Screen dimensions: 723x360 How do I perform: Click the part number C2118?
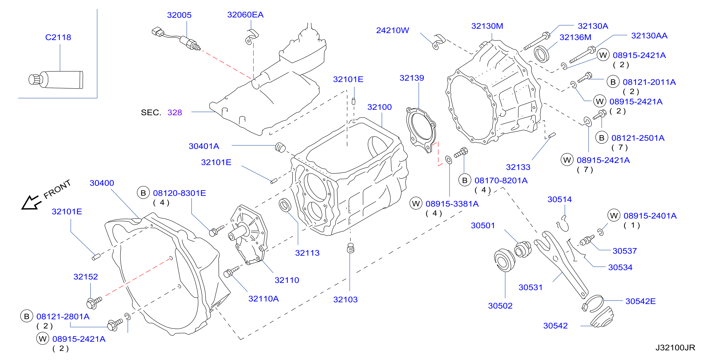tap(58, 37)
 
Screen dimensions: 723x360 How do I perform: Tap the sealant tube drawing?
tap(56, 80)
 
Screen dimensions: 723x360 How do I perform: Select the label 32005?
tap(179, 15)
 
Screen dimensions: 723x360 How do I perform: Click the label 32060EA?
tap(245, 15)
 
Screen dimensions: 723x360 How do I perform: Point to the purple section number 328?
tap(175, 113)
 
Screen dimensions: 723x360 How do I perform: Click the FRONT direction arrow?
tap(30, 202)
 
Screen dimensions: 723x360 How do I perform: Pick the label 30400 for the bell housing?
tap(102, 183)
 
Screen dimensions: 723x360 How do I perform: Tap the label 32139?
tap(412, 78)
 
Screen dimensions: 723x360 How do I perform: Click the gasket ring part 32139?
tap(421, 130)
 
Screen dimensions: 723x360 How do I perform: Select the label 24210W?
tap(392, 30)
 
